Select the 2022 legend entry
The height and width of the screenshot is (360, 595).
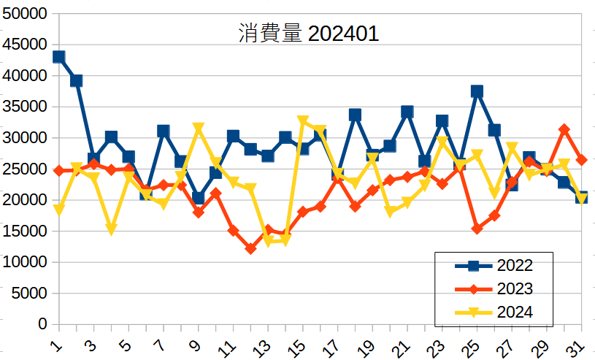pyautogui.click(x=514, y=266)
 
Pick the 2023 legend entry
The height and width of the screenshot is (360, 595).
pyautogui.click(x=514, y=288)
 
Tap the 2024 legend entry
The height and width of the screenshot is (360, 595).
pyautogui.click(x=514, y=312)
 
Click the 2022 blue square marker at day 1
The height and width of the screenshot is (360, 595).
pyautogui.click(x=59, y=57)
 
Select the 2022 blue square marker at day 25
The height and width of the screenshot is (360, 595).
pyautogui.click(x=477, y=91)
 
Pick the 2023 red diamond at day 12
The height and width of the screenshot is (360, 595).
pyautogui.click(x=250, y=248)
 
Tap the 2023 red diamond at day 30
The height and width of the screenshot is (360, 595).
pyautogui.click(x=564, y=129)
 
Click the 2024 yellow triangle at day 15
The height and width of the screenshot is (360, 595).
pyautogui.click(x=303, y=121)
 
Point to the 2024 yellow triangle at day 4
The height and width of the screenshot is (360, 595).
pyautogui.click(x=111, y=229)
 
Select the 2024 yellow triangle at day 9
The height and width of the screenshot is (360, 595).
pyautogui.click(x=199, y=129)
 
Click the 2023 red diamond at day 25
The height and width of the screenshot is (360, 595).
pyautogui.click(x=477, y=229)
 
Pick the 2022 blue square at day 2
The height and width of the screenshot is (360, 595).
pyautogui.click(x=77, y=80)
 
